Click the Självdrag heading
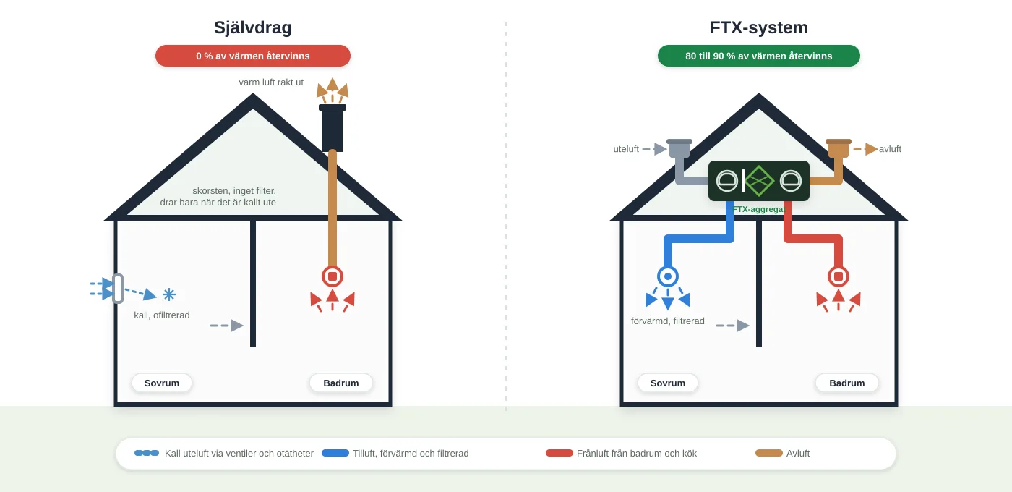click(252, 27)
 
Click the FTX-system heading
click(758, 27)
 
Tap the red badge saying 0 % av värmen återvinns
click(253, 56)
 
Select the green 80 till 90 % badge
click(758, 56)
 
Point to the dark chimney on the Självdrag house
click(333, 128)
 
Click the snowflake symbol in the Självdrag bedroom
click(169, 295)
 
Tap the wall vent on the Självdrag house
click(117, 289)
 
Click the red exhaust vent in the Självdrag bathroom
click(333, 276)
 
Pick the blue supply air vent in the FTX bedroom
click(668, 276)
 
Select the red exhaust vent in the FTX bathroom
click(839, 276)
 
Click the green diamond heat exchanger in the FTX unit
click(759, 181)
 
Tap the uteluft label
click(626, 149)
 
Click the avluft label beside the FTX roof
click(890, 149)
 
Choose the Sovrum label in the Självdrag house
click(162, 383)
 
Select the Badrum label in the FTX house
click(846, 383)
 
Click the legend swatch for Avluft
click(769, 453)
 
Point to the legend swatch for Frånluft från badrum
click(559, 453)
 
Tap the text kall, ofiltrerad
click(162, 315)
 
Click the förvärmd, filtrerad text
click(668, 321)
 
